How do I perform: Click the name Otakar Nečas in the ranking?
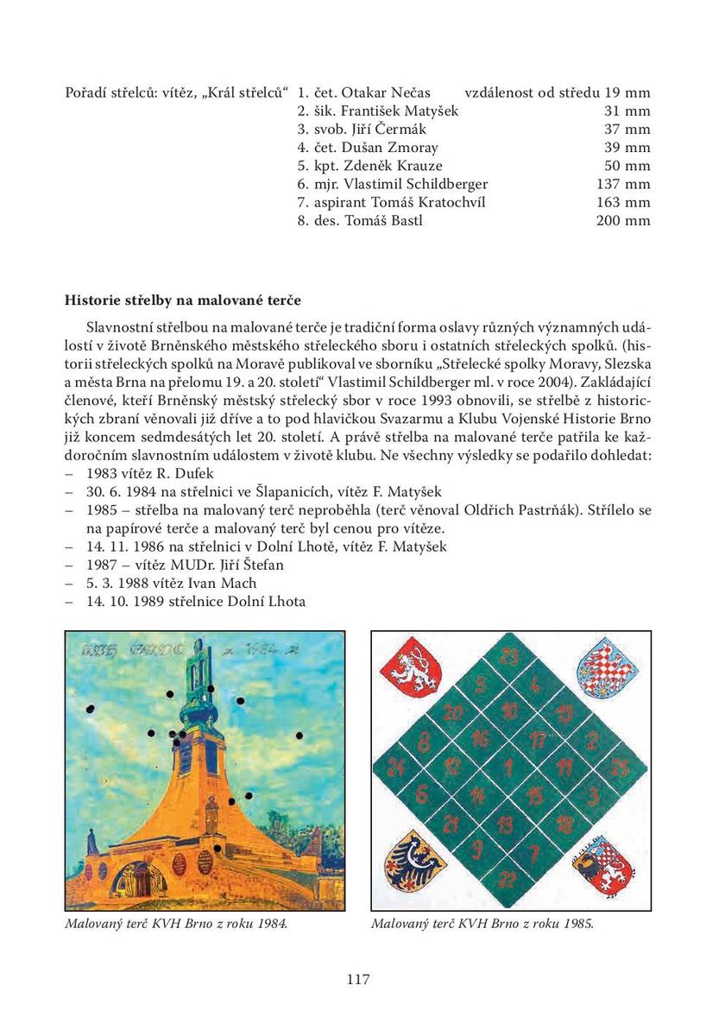386,92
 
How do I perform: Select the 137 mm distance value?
623,184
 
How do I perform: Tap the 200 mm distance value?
623,220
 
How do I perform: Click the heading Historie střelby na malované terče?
183,300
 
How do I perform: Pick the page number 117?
358,979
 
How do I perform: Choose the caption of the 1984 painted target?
176,924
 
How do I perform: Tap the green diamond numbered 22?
509,879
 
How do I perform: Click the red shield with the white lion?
411,666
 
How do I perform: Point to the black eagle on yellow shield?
414,862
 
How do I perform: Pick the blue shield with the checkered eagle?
607,667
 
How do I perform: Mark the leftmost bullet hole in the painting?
91,709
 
